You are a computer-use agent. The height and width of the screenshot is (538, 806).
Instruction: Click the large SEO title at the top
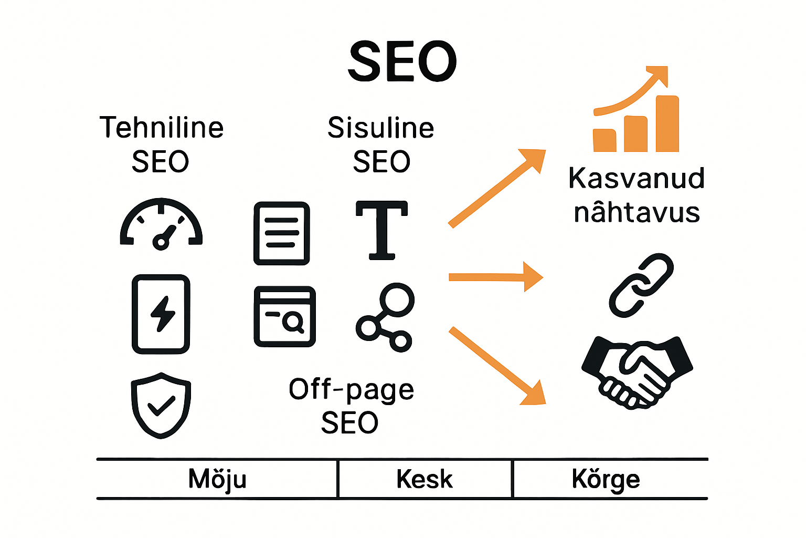(402, 61)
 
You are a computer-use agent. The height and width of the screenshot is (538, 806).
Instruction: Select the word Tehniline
(162, 128)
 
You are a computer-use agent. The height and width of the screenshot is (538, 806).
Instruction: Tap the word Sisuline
(381, 128)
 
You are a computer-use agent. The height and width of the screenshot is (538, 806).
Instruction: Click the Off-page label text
(351, 390)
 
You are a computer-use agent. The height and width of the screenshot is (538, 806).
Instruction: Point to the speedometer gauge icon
(161, 223)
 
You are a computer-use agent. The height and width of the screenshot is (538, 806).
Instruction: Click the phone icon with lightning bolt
(161, 314)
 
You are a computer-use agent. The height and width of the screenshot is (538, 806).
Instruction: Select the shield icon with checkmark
(161, 405)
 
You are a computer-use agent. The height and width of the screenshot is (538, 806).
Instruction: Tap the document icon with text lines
(282, 233)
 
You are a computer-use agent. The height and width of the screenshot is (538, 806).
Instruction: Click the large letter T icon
(381, 230)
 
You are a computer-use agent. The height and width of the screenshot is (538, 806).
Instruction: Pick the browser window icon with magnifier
(284, 316)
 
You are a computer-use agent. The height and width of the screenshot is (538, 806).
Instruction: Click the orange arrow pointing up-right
(496, 188)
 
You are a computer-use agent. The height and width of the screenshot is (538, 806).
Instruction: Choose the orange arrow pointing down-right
(496, 366)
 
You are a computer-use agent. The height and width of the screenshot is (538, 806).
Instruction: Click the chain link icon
(641, 285)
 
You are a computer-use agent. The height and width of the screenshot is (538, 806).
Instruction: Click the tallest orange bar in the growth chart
(667, 124)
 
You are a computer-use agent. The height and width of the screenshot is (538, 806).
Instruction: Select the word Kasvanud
(636, 179)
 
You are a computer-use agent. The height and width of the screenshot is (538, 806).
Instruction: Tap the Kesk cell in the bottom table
(425, 479)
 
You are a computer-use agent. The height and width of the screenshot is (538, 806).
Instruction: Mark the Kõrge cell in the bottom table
(606, 479)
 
